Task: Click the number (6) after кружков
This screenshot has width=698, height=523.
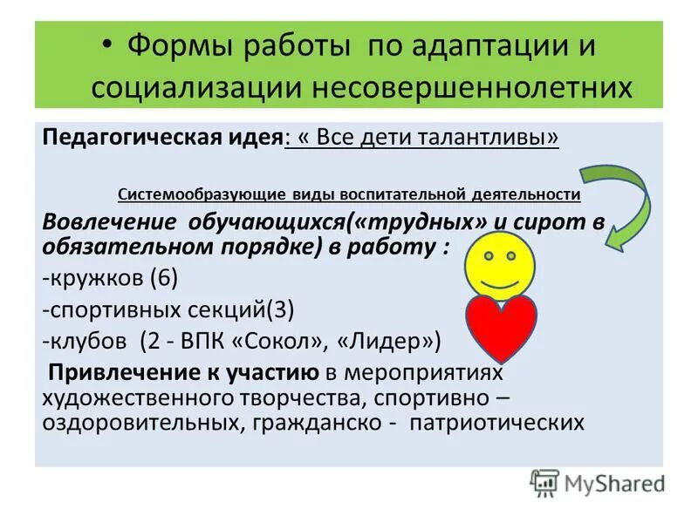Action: (x=164, y=279)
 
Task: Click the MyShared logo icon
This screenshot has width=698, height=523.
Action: (x=544, y=482)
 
